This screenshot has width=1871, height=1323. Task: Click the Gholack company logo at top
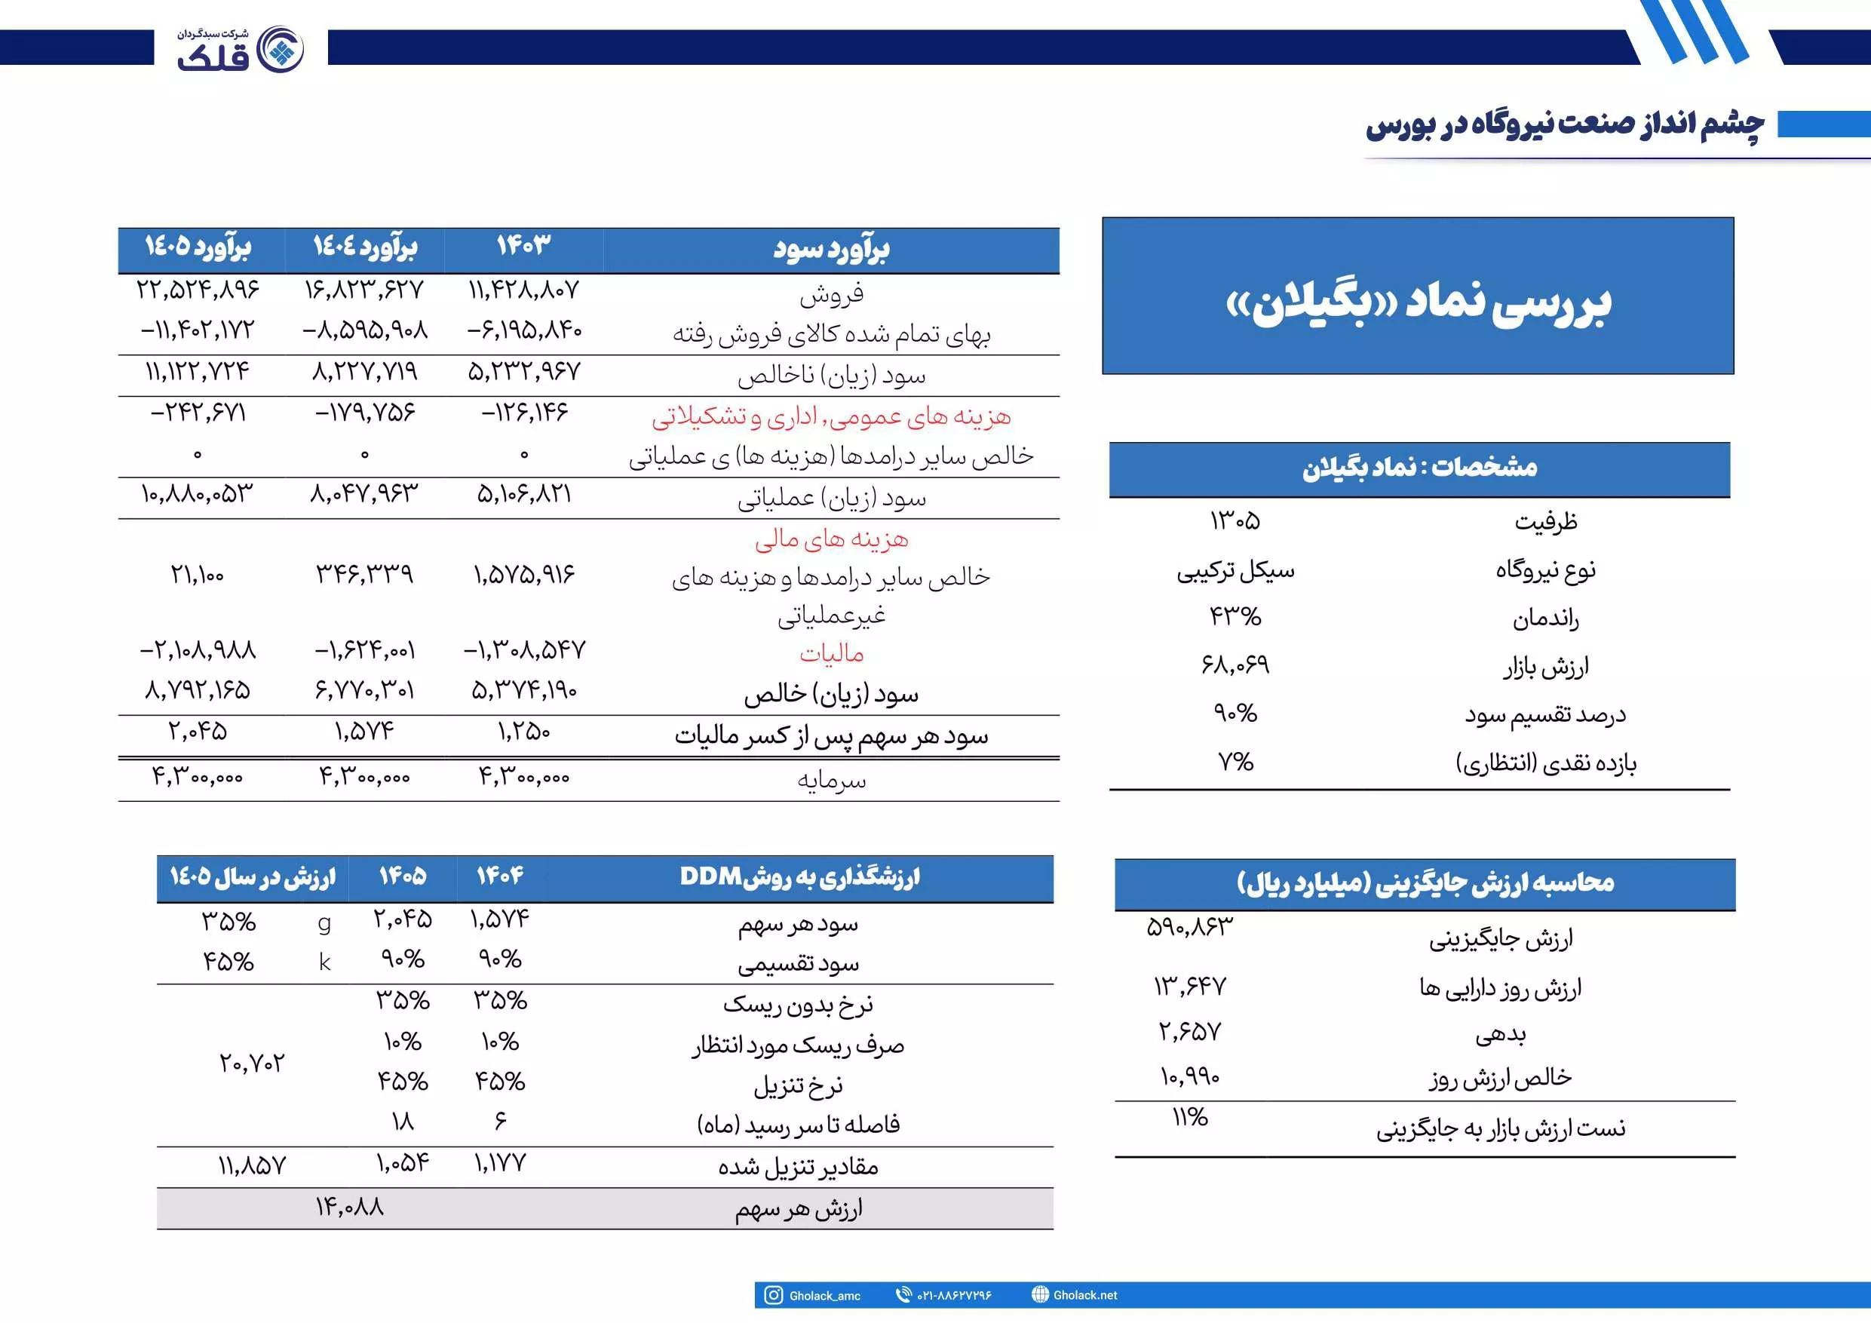pos(241,49)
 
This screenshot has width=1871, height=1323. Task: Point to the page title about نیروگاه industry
pos(1565,124)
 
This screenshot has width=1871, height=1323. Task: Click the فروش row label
pos(831,293)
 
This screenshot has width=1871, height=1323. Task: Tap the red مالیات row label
pos(831,654)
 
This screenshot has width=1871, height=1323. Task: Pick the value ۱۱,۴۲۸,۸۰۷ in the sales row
pos(523,290)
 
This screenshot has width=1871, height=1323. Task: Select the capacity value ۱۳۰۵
pos(1235,520)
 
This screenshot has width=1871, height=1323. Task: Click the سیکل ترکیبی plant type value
pos(1235,569)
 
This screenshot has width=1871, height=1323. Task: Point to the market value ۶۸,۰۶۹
pos(1235,665)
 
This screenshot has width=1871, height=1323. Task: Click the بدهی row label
pos(1500,1034)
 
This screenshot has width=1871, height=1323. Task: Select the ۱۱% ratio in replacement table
pos(1190,1118)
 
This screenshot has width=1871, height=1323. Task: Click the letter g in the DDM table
pos(324,922)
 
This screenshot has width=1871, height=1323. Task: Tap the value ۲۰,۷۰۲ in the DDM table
pos(252,1063)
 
